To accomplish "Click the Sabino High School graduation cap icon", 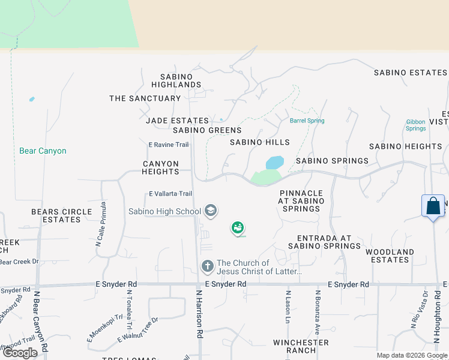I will click(210, 211).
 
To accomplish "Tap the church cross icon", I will click(207, 266).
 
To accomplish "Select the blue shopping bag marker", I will click(433, 206).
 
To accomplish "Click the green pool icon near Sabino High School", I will click(238, 228).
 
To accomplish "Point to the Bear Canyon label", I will click(43, 151).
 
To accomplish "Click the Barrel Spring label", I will click(307, 121).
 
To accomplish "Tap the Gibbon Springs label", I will click(415, 125).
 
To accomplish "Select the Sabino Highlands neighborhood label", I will click(176, 80).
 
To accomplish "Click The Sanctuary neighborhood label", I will click(145, 98).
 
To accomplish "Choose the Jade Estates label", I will click(177, 121).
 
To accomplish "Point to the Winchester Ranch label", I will click(301, 346).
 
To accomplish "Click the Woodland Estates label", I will click(390, 256).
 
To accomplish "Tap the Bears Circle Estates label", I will click(62, 215).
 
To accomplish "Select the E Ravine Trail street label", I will click(168, 145).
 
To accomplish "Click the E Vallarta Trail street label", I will click(170, 193).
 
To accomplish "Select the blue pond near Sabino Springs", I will click(274, 163).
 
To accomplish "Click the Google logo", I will click(20, 353).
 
